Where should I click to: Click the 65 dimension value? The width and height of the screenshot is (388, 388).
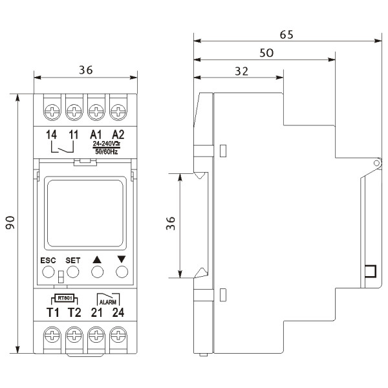[285, 35]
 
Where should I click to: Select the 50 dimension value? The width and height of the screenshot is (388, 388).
[266, 53]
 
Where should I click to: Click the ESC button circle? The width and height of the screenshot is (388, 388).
[48, 272]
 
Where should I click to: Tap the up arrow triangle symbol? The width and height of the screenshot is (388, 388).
[98, 260]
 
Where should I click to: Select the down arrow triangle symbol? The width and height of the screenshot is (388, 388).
[120, 260]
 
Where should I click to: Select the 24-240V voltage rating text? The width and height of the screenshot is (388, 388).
[105, 144]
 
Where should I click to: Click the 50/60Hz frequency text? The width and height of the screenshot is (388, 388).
[105, 151]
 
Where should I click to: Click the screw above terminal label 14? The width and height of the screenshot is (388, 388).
[52, 111]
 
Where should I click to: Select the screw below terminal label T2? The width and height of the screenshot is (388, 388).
[74, 336]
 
